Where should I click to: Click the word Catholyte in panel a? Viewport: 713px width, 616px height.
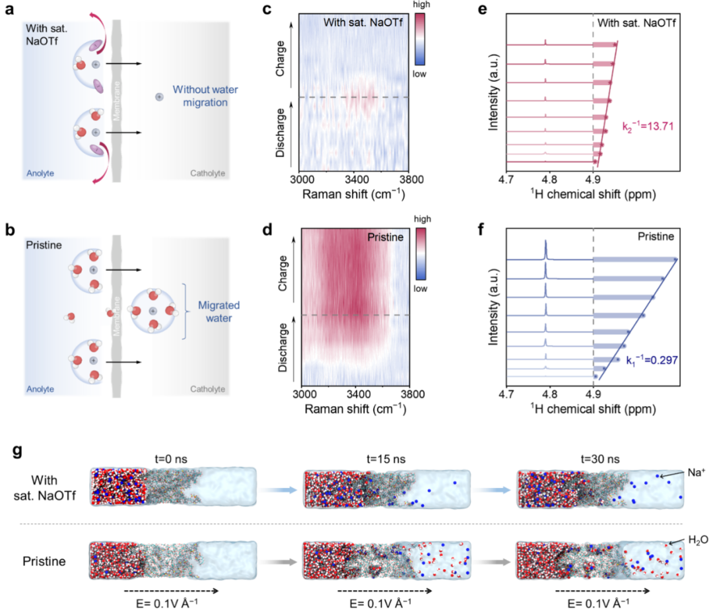207,173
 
